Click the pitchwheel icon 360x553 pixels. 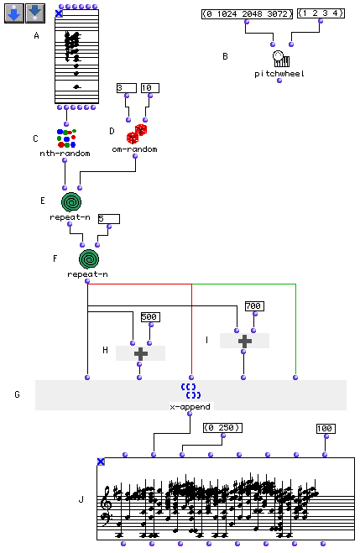(x=281, y=59)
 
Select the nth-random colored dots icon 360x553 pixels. (x=66, y=138)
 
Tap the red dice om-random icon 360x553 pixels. (x=137, y=134)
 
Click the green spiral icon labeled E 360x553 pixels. (x=71, y=202)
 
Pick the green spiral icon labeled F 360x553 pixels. (x=89, y=259)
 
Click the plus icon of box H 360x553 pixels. (x=140, y=353)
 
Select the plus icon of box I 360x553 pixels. (x=245, y=341)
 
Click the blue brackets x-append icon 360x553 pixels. (x=190, y=391)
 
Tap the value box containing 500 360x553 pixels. (x=150, y=317)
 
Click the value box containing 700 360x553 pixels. (x=254, y=306)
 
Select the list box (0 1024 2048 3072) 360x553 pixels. (x=248, y=14)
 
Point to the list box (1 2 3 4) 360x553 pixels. (x=321, y=13)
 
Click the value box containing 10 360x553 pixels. (x=150, y=88)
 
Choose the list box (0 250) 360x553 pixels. (x=223, y=428)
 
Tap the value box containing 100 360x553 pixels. (x=326, y=429)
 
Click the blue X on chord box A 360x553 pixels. (x=59, y=13)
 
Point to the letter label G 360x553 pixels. (x=17, y=394)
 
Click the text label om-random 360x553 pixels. (x=135, y=149)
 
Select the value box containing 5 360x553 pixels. (x=109, y=219)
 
